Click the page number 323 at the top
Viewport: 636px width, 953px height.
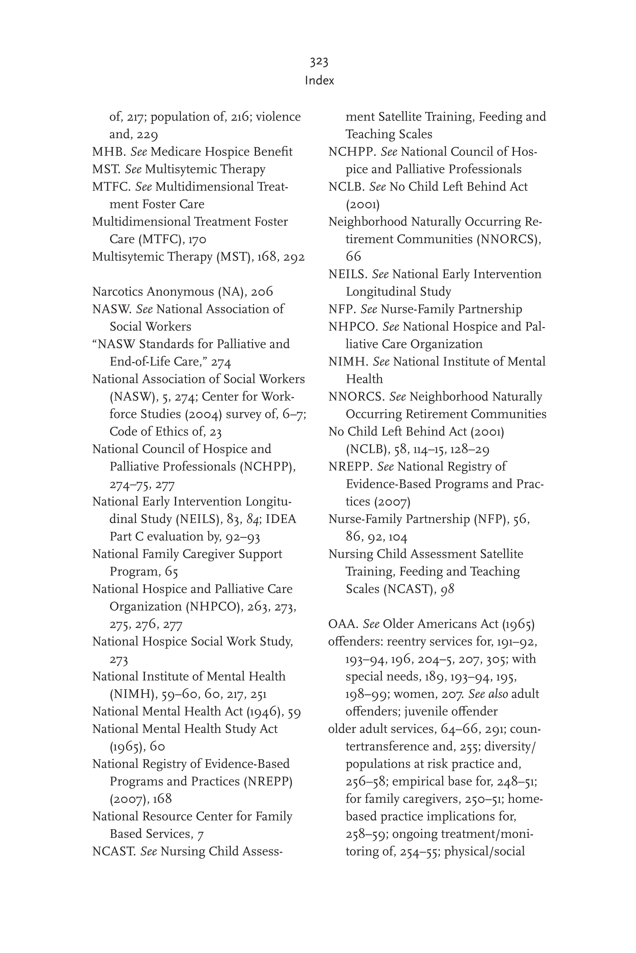(319, 62)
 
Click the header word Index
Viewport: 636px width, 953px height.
(319, 81)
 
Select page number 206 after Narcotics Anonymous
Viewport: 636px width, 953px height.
(261, 292)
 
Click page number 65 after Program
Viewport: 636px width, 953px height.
(171, 572)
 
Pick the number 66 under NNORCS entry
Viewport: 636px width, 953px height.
(353, 257)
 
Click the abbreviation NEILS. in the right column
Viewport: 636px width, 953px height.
(348, 274)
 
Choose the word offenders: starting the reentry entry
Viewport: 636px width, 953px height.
(355, 642)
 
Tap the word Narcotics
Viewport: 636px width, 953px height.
(118, 292)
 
